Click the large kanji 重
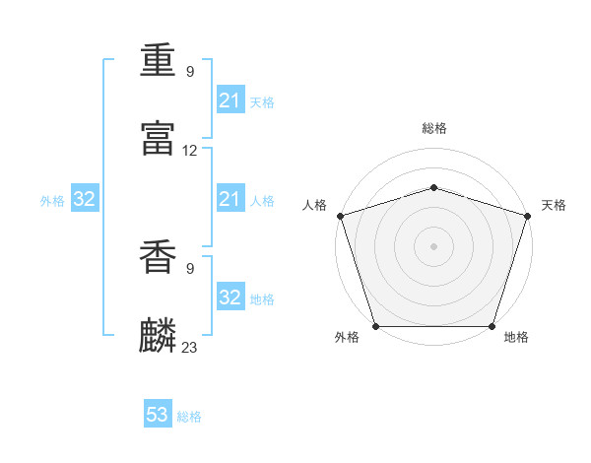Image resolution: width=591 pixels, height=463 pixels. point(158,60)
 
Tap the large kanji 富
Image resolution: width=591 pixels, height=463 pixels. point(158,138)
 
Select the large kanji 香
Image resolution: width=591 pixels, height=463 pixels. point(158,257)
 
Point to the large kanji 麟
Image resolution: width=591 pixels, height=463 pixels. point(158,335)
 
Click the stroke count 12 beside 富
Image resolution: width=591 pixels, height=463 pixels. point(189,151)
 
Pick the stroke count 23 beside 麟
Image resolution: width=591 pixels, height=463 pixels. point(189,347)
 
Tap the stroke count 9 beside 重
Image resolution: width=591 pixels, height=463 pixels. point(190,71)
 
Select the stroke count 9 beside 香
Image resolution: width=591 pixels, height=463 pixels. point(190,269)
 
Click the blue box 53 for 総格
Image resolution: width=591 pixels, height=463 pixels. point(158,413)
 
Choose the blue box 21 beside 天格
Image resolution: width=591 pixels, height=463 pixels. point(230,99)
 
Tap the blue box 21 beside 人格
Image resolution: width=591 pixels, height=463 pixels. point(230,198)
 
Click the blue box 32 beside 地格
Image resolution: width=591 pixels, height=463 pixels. point(230,296)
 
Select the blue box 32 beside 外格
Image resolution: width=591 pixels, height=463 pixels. point(85,198)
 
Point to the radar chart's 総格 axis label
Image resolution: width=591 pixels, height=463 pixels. point(434,128)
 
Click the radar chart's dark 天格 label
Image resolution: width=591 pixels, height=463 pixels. point(554,205)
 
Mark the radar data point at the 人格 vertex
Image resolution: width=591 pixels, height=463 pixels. point(341,216)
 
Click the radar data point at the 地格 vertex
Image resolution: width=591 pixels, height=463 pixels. point(492,326)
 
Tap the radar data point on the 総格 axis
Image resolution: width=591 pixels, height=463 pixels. point(434,187)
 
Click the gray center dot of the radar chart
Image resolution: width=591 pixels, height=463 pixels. point(433,246)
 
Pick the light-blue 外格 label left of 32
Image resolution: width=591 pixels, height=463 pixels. point(52,201)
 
